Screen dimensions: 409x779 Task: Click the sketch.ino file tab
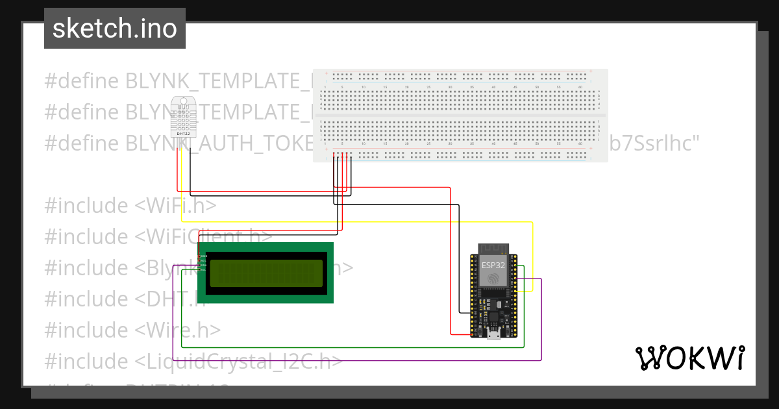(114, 29)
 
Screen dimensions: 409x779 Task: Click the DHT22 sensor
(183, 116)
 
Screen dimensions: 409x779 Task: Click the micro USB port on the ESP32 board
(493, 334)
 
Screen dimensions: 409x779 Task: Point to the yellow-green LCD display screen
(266, 273)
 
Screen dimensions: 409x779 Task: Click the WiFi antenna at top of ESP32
(493, 249)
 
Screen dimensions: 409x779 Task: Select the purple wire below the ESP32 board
(389, 360)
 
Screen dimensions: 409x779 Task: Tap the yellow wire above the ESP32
(389, 222)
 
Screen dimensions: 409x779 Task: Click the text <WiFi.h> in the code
(175, 206)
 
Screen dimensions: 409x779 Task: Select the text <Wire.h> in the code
(178, 330)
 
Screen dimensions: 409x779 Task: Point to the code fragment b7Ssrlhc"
(654, 143)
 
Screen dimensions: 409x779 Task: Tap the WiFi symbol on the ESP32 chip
(493, 278)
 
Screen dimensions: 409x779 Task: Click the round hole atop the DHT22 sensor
(183, 101)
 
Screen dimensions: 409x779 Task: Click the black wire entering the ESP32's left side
(464, 312)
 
